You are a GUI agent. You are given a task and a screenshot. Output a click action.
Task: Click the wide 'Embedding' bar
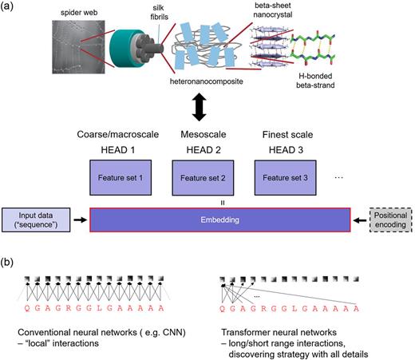tap(219, 218)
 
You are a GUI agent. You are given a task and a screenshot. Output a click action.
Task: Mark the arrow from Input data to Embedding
tap(81, 218)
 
